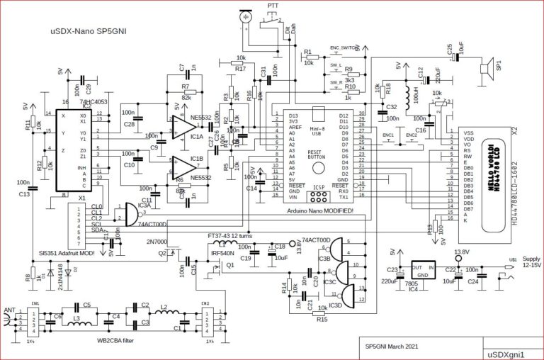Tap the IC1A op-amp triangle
point(183,128)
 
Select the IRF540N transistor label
point(223,252)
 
